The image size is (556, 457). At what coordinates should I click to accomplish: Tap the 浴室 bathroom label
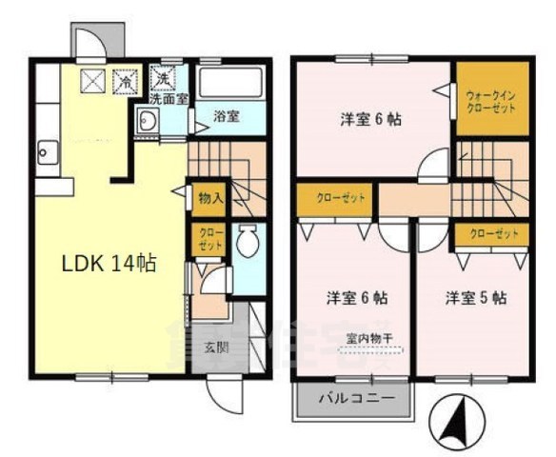click(226, 115)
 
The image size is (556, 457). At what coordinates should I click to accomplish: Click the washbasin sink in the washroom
click(148, 120)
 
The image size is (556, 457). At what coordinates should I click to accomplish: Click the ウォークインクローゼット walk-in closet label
click(490, 101)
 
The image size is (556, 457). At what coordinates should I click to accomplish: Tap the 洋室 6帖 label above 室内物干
click(357, 297)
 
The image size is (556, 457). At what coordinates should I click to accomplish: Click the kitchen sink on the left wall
click(47, 152)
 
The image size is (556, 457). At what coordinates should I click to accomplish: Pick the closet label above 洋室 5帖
click(494, 234)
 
